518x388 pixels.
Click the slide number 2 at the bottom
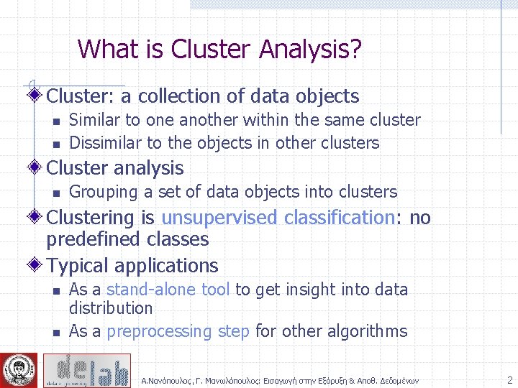point(509,380)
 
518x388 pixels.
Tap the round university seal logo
point(18,370)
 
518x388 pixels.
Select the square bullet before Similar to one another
point(55,121)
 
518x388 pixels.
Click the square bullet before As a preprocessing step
point(55,333)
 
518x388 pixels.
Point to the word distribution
point(111,308)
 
